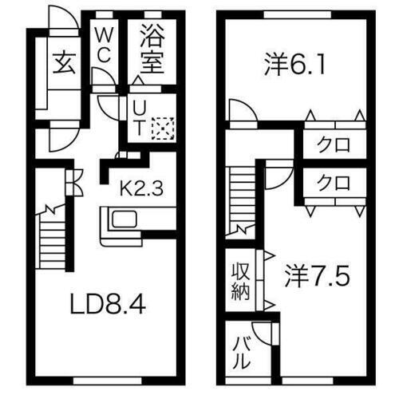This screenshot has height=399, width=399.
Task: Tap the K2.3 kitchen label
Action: pyautogui.click(x=141, y=189)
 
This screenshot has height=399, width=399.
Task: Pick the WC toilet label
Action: pyautogui.click(x=104, y=46)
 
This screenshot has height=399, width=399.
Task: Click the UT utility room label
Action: pyautogui.click(x=137, y=116)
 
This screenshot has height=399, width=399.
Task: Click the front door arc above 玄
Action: pyautogui.click(x=61, y=20)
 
